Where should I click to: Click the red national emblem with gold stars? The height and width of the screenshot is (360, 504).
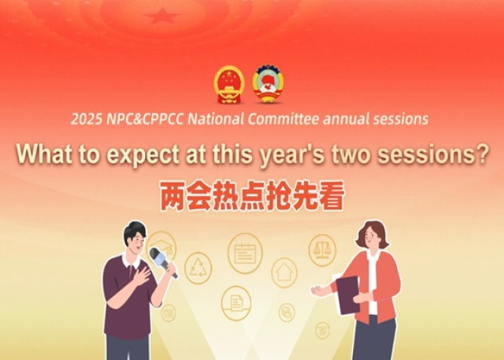[x=229, y=84]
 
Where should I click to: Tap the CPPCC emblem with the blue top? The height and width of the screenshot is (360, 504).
[x=268, y=84]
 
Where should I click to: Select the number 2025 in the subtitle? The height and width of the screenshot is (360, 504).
[x=87, y=119]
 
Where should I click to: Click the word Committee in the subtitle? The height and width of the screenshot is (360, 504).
[x=283, y=119]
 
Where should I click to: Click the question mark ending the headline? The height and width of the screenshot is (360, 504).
[x=482, y=154]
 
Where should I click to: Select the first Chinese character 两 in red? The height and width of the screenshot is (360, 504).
[x=172, y=195]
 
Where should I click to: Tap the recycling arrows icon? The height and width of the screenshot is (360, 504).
[x=198, y=268]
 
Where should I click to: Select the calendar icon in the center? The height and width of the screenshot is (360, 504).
[x=245, y=254]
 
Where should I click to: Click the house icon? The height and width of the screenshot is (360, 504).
[x=284, y=273]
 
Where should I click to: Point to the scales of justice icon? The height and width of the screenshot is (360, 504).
[x=322, y=250]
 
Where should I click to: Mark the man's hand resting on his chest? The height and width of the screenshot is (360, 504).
[x=142, y=277]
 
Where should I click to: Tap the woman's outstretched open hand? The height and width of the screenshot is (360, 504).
[x=319, y=290]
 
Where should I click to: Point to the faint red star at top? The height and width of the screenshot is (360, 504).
[x=162, y=16]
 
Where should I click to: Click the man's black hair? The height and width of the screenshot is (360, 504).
[x=135, y=231]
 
